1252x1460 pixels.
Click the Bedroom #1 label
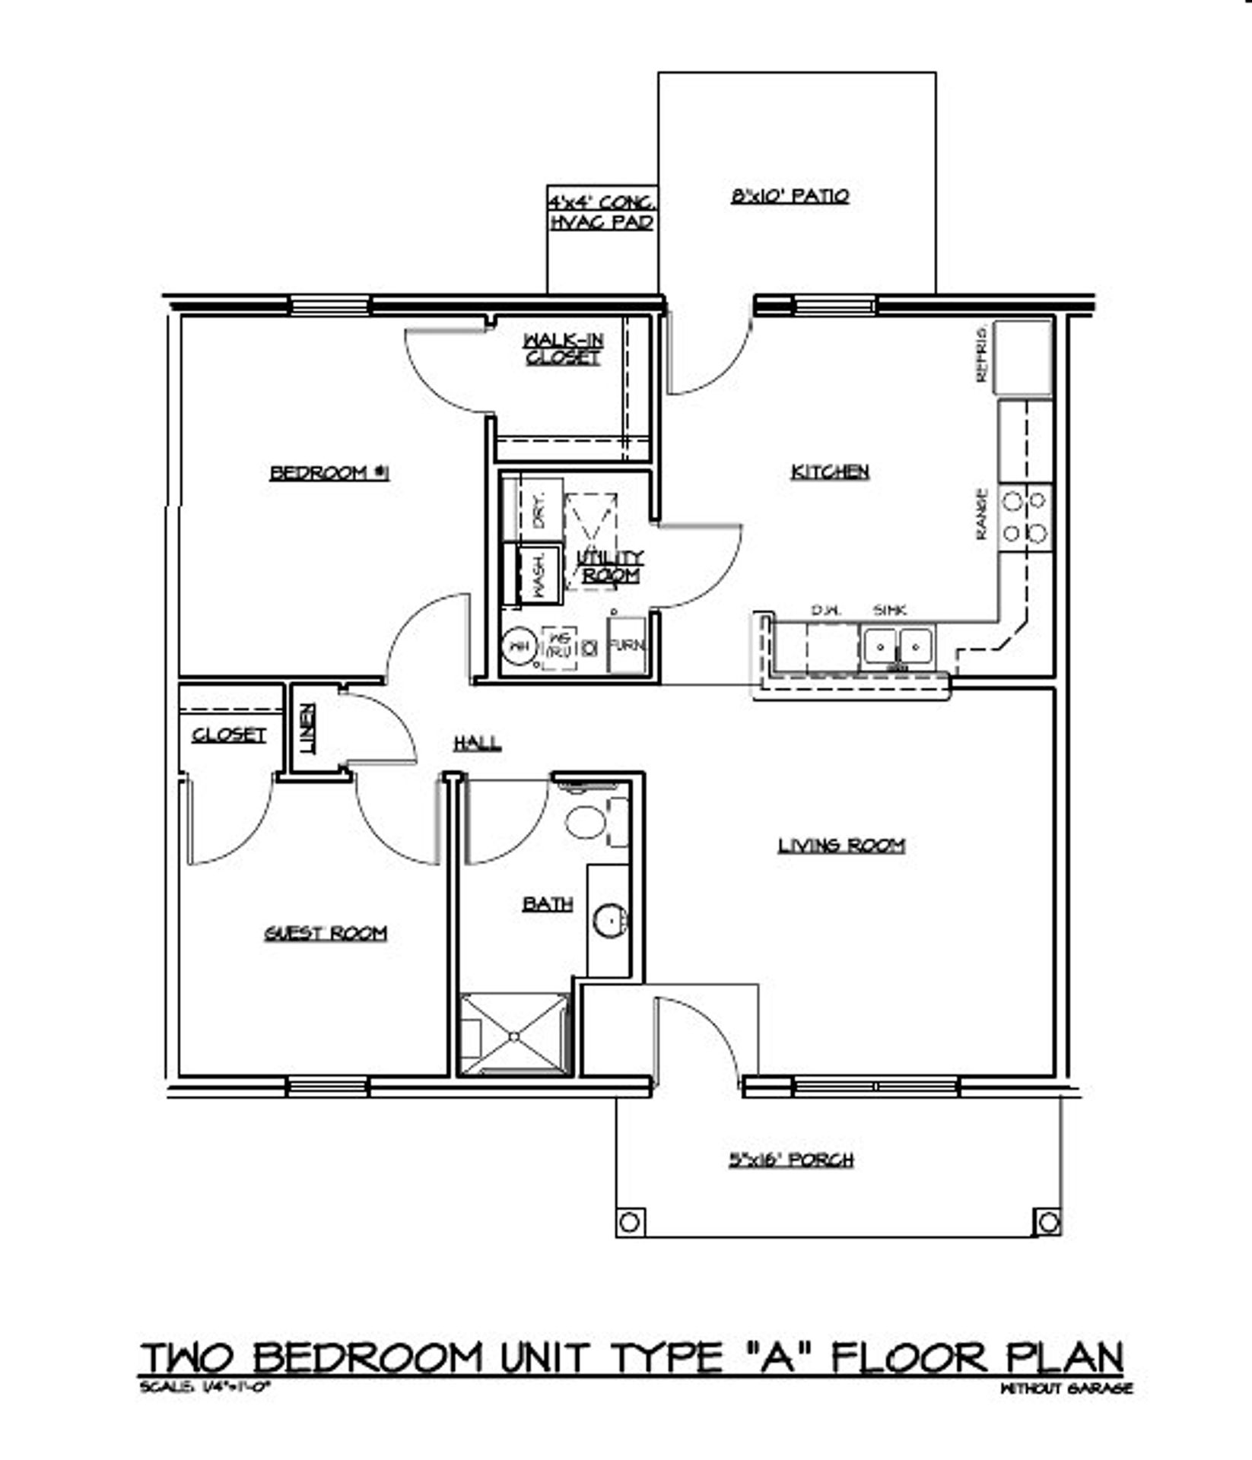[x=329, y=473]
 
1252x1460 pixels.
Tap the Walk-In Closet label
[x=562, y=349]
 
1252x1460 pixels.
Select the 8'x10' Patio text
[x=790, y=196]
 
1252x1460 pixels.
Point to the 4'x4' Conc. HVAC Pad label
[x=602, y=212]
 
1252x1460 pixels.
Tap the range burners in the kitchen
[x=1025, y=517]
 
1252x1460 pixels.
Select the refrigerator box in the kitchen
[x=1023, y=357]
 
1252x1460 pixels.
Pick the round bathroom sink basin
[x=609, y=921]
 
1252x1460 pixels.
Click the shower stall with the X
[x=514, y=1034]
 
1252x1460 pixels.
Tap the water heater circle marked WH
[x=519, y=647]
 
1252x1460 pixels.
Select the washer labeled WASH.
[x=539, y=576]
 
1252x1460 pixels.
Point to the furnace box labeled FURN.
[x=626, y=646]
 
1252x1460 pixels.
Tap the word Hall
[x=477, y=743]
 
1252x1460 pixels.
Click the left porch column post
[x=629, y=1222]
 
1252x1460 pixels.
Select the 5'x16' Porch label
[x=791, y=1160]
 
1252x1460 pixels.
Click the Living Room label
[x=841, y=845]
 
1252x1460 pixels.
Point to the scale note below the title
[x=205, y=1387]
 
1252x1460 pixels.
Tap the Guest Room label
[x=326, y=933]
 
